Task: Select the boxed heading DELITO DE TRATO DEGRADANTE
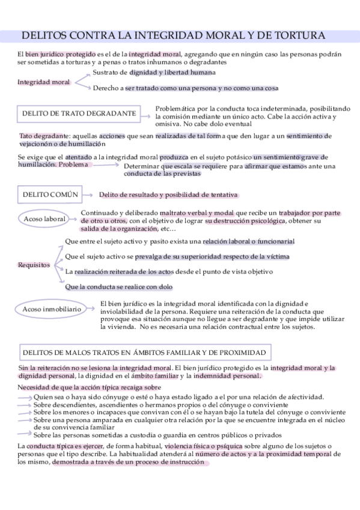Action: pos(79,113)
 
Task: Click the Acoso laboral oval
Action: pos(45,219)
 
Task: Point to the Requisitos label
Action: pos(34,265)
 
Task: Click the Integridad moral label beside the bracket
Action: pos(44,82)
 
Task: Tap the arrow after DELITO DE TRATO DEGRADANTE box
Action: pos(146,113)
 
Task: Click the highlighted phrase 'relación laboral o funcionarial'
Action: pos(248,242)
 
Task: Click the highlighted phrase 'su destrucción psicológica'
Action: pos(244,221)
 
